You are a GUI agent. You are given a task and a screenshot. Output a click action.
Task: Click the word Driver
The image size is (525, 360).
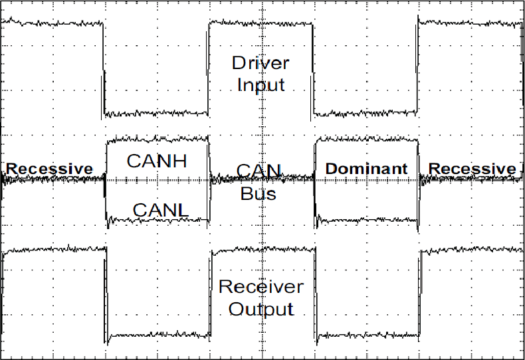[x=261, y=64]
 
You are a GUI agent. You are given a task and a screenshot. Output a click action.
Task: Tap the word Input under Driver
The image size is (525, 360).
[x=261, y=85]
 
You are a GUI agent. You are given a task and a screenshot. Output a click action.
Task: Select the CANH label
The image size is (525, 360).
[x=157, y=161]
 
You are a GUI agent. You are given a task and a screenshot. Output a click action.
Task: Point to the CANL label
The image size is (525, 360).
[x=161, y=211]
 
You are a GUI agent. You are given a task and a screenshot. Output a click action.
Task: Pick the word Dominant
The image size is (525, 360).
[x=366, y=169]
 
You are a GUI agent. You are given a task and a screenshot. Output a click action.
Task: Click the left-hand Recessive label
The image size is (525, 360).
[x=50, y=169]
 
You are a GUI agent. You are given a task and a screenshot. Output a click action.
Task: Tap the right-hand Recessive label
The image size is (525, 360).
[x=472, y=169]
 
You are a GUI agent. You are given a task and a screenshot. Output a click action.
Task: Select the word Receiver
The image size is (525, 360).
[x=261, y=287]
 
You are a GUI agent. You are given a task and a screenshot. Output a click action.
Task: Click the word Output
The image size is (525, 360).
[x=261, y=309]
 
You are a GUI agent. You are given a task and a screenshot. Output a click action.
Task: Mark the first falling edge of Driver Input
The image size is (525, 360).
[x=104, y=66]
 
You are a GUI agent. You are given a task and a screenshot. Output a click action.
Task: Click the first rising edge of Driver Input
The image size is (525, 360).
[x=209, y=66]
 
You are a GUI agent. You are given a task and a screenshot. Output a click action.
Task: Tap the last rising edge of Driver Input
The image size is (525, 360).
[x=418, y=66]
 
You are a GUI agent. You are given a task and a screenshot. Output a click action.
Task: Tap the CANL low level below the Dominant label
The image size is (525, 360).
[x=366, y=219]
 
